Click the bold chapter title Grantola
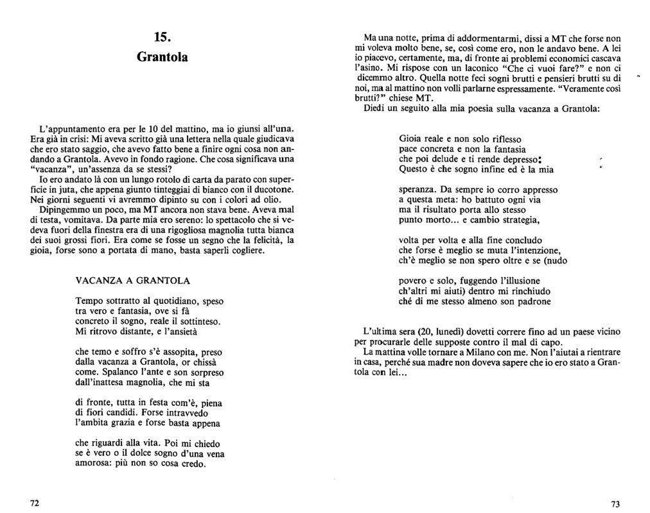tap(162, 57)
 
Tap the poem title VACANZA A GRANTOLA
tap(132, 281)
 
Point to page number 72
tap(35, 503)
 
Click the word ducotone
tap(275, 190)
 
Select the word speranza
tap(418, 190)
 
